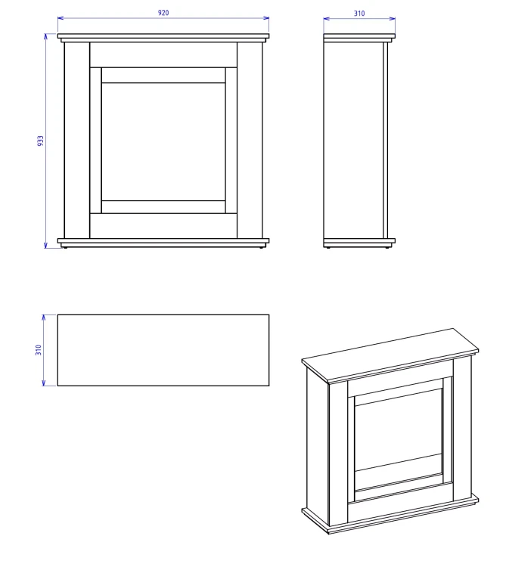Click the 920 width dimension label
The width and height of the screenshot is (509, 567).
pos(163,13)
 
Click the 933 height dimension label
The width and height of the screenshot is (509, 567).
pos(40,141)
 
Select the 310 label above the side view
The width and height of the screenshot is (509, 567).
pos(359,14)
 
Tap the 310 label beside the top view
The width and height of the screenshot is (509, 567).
pos(39,350)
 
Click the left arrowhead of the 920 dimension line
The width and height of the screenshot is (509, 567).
pos(61,18)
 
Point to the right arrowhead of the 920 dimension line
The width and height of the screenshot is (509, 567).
pos(266,18)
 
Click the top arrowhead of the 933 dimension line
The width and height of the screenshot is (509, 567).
pos(45,36)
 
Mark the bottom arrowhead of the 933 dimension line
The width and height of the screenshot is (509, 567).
pos(45,246)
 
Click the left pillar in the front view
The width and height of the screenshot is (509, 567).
pos(76,141)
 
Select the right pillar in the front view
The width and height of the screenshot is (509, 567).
pos(250,141)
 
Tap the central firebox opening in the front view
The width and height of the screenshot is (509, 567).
pos(163,141)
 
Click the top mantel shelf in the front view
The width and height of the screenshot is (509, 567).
pos(163,36)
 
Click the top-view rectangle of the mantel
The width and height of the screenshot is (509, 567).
pos(163,350)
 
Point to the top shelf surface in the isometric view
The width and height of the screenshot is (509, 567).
pos(390,355)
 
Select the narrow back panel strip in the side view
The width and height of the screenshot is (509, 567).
pos(386,141)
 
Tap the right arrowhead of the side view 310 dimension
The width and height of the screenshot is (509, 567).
pos(393,18)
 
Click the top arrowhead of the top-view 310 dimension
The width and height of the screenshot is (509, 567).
pos(43,318)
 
